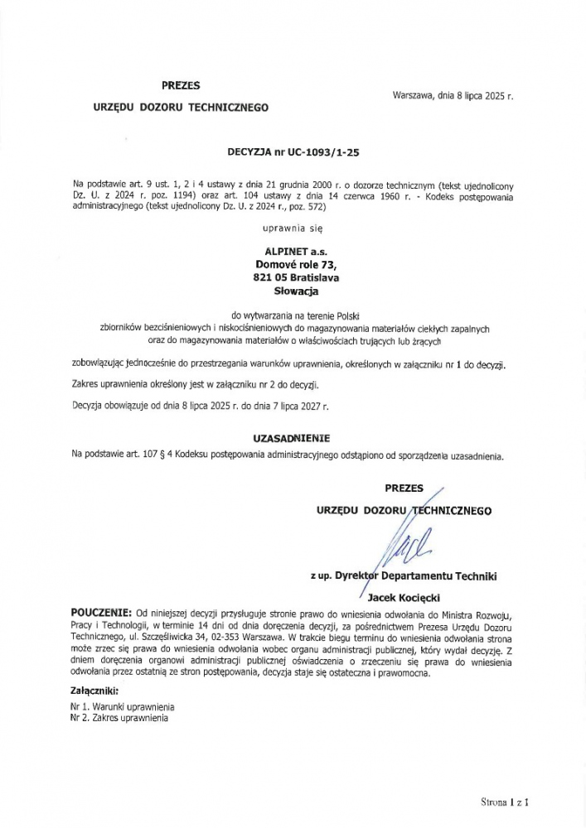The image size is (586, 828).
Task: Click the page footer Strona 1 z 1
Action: tap(505, 802)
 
